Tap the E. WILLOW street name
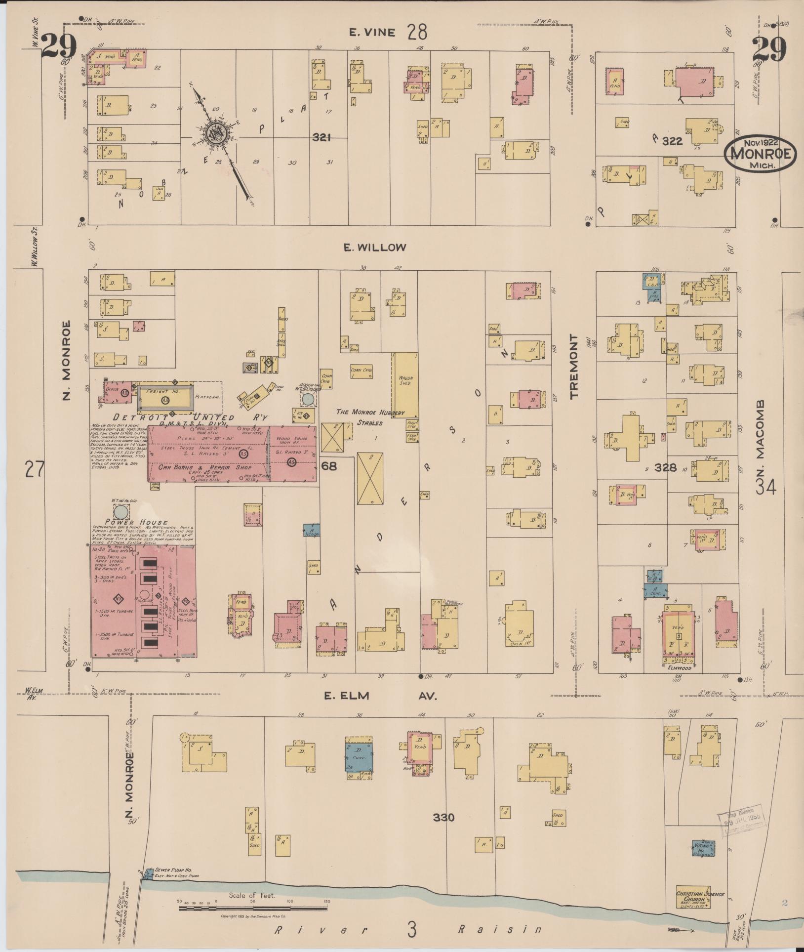click(x=375, y=248)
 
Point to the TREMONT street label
click(x=574, y=367)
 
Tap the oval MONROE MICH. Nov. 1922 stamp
click(x=760, y=154)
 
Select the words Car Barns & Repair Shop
click(x=205, y=467)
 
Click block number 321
click(x=321, y=138)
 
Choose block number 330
click(x=443, y=818)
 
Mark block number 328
click(x=665, y=467)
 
